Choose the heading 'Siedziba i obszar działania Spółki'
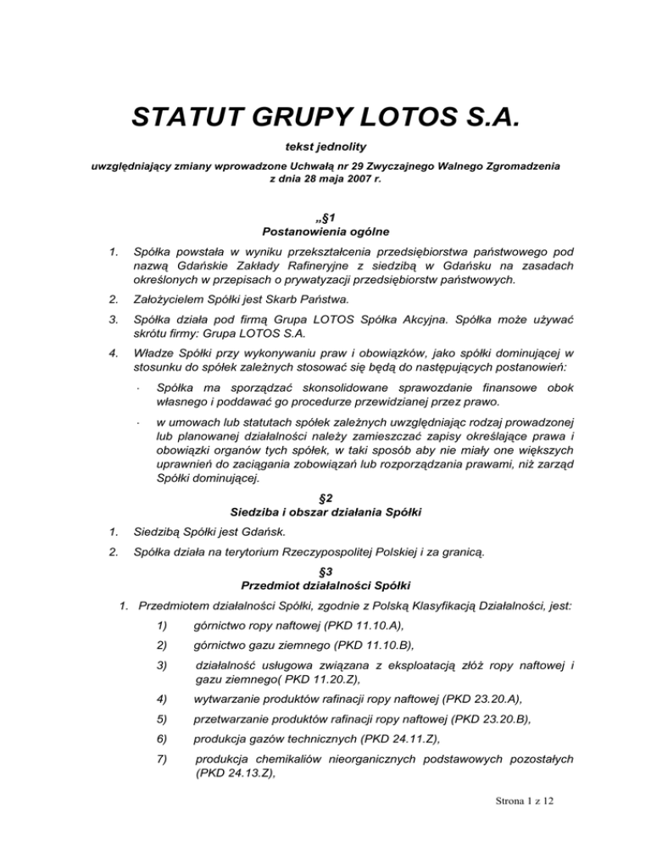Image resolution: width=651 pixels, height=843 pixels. (x=325, y=512)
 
